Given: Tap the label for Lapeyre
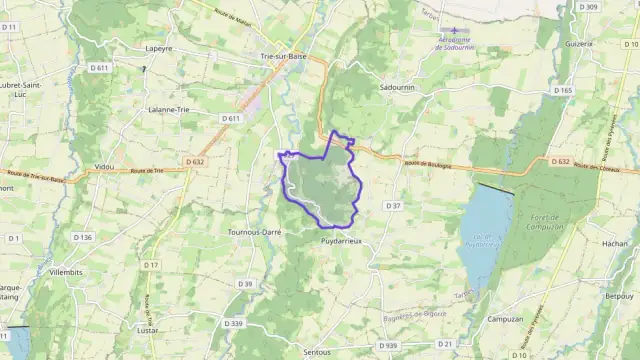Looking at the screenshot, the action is pyautogui.click(x=158, y=47).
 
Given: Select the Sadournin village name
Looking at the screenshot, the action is pyautogui.click(x=397, y=88).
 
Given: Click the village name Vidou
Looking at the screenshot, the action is pyautogui.click(x=103, y=166).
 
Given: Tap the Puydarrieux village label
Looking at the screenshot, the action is pyautogui.click(x=341, y=242).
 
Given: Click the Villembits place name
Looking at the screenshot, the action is pyautogui.click(x=66, y=271).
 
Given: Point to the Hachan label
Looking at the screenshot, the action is pyautogui.click(x=615, y=244).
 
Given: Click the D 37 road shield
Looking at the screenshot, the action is pyautogui.click(x=393, y=205).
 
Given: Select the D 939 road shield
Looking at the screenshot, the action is pyautogui.click(x=388, y=345).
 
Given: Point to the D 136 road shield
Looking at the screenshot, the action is pyautogui.click(x=82, y=237).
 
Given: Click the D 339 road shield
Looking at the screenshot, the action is pyautogui.click(x=234, y=323).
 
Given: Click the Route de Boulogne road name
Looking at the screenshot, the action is pyautogui.click(x=428, y=165).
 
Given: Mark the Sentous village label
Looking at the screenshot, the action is pyautogui.click(x=315, y=352).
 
